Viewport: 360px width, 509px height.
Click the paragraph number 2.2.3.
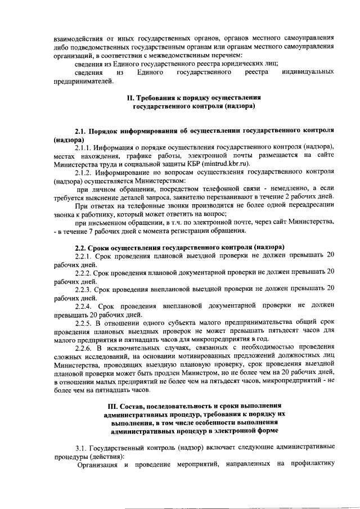pyautogui.click(x=84, y=289)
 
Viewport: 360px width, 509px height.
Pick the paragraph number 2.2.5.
pyautogui.click(x=84, y=323)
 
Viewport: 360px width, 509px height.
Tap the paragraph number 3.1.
pyautogui.click(x=75, y=448)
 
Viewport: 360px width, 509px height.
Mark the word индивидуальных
pyautogui.click(x=309, y=73)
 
